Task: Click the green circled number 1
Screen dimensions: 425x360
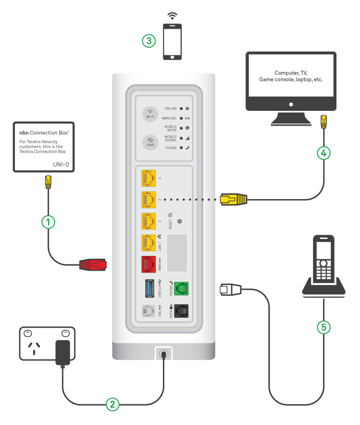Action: [48, 222]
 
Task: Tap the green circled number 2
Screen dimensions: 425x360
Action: [112, 404]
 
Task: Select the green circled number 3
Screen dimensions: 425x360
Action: [148, 41]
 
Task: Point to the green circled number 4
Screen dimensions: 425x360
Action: [324, 153]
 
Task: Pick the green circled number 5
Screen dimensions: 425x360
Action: [324, 328]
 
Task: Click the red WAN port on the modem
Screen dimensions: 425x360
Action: [148, 264]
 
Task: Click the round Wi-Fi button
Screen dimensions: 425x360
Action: [150, 114]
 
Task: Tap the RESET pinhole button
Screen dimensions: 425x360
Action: [179, 221]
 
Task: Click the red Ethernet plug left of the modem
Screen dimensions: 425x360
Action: [93, 265]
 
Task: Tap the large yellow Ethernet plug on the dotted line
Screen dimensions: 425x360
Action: [233, 200]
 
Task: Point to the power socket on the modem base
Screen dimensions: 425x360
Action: [163, 354]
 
